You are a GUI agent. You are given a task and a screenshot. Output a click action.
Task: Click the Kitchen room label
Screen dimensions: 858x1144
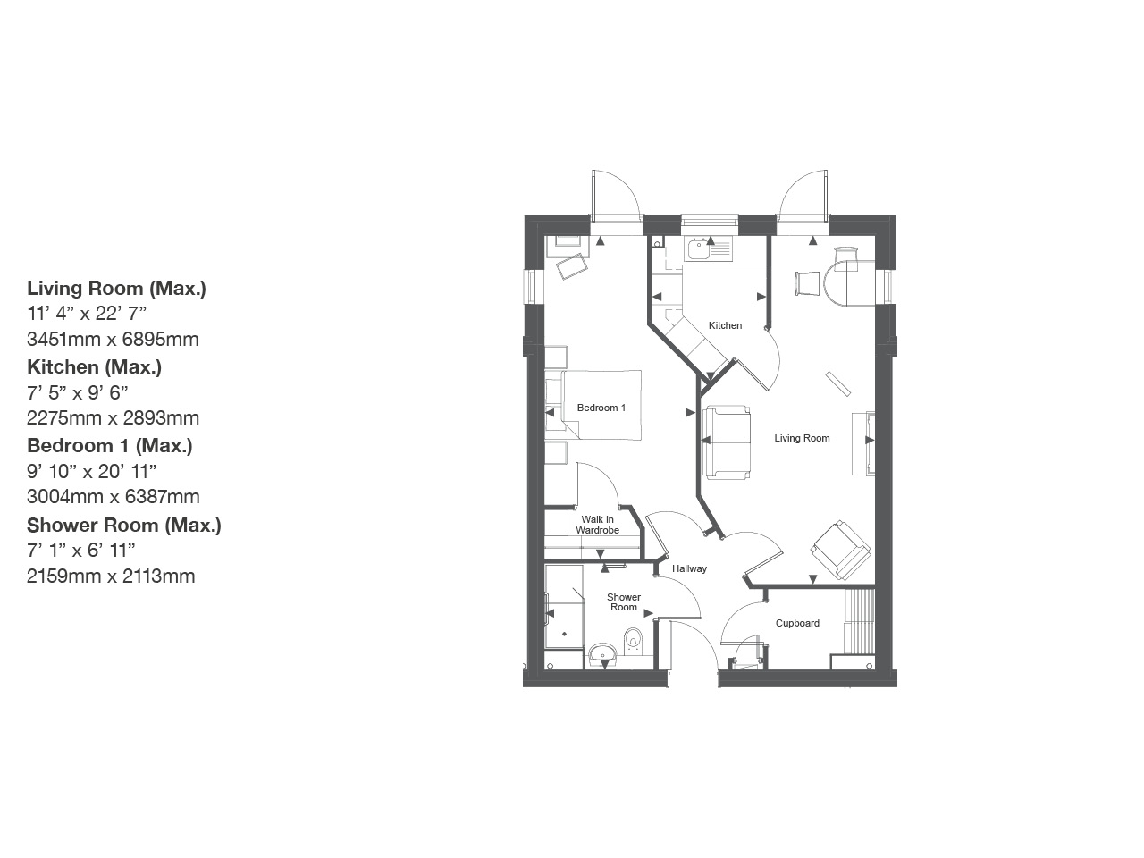725,325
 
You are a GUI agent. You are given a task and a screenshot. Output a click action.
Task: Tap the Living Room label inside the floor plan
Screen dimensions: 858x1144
802,438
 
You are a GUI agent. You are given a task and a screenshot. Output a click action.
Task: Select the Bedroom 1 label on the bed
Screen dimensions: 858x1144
601,408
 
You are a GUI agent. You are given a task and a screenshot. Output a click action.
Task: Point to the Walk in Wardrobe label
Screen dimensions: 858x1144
597,525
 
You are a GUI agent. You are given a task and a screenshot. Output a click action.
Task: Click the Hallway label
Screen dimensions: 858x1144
689,568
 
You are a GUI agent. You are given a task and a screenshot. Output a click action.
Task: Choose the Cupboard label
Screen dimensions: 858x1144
797,623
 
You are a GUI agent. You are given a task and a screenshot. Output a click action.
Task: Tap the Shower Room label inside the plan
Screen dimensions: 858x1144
624,602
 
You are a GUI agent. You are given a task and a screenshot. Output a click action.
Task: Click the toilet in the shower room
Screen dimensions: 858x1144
634,638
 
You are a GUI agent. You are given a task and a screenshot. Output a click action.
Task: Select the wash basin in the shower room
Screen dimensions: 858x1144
603,655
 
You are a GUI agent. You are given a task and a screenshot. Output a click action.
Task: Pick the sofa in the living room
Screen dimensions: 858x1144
727,442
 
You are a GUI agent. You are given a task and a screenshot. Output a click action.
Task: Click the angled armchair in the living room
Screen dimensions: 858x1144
840,548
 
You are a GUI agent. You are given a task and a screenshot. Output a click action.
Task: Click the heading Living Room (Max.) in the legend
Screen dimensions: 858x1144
116,288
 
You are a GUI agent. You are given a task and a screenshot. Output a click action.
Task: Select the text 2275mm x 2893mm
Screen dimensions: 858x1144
113,417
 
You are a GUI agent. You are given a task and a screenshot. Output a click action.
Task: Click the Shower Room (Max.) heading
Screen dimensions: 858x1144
124,525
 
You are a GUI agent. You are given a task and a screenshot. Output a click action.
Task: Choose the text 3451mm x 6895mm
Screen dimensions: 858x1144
113,339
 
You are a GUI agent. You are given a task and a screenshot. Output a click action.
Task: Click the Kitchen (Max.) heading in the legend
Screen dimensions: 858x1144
95,366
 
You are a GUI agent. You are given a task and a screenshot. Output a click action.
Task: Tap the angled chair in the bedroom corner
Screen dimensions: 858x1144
573,265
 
